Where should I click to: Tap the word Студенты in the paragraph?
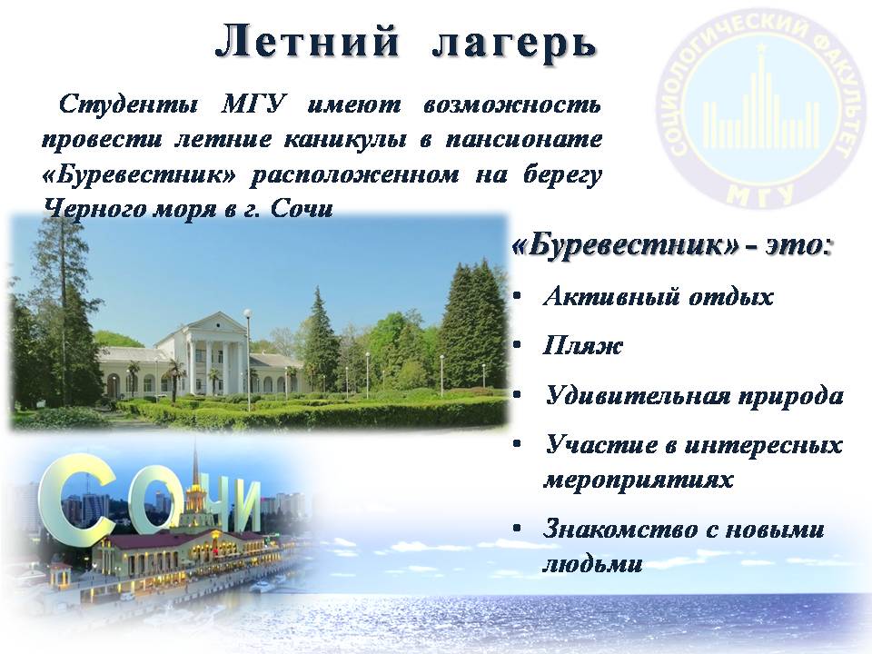127,104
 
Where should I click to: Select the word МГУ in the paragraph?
254,104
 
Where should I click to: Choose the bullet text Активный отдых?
658,297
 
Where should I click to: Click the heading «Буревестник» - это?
673,247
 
